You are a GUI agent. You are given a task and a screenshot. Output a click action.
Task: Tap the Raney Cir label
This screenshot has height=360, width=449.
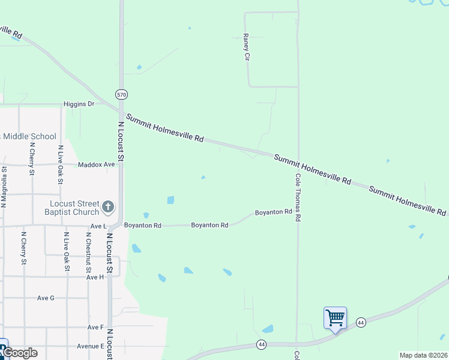246,47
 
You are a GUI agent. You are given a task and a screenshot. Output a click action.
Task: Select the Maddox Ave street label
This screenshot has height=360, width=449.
96,164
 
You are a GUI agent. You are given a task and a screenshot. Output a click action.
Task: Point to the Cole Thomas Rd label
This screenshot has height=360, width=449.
297,198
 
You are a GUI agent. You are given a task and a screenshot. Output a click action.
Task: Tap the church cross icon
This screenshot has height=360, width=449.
108,208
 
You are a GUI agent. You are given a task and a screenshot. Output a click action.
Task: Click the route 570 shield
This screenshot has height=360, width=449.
122,95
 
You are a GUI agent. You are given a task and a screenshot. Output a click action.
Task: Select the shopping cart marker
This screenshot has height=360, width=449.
334,317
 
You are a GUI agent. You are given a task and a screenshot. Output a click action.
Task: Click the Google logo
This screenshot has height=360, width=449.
19,353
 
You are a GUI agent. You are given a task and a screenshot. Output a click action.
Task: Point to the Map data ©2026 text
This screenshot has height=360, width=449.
423,355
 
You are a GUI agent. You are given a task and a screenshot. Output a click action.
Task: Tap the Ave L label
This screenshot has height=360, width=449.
97,226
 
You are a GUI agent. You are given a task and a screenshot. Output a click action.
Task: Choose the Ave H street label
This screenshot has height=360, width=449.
95,277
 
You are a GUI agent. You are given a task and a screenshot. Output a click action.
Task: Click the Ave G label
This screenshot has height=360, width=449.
46,298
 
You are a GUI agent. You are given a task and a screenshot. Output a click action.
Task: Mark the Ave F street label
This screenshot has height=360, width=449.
95,327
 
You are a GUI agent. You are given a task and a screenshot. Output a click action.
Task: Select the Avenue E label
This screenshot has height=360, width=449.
90,346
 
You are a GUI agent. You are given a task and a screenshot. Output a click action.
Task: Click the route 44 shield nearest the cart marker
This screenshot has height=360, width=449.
361,322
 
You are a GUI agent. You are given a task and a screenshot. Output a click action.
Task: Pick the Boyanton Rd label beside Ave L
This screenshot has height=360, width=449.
143,226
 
